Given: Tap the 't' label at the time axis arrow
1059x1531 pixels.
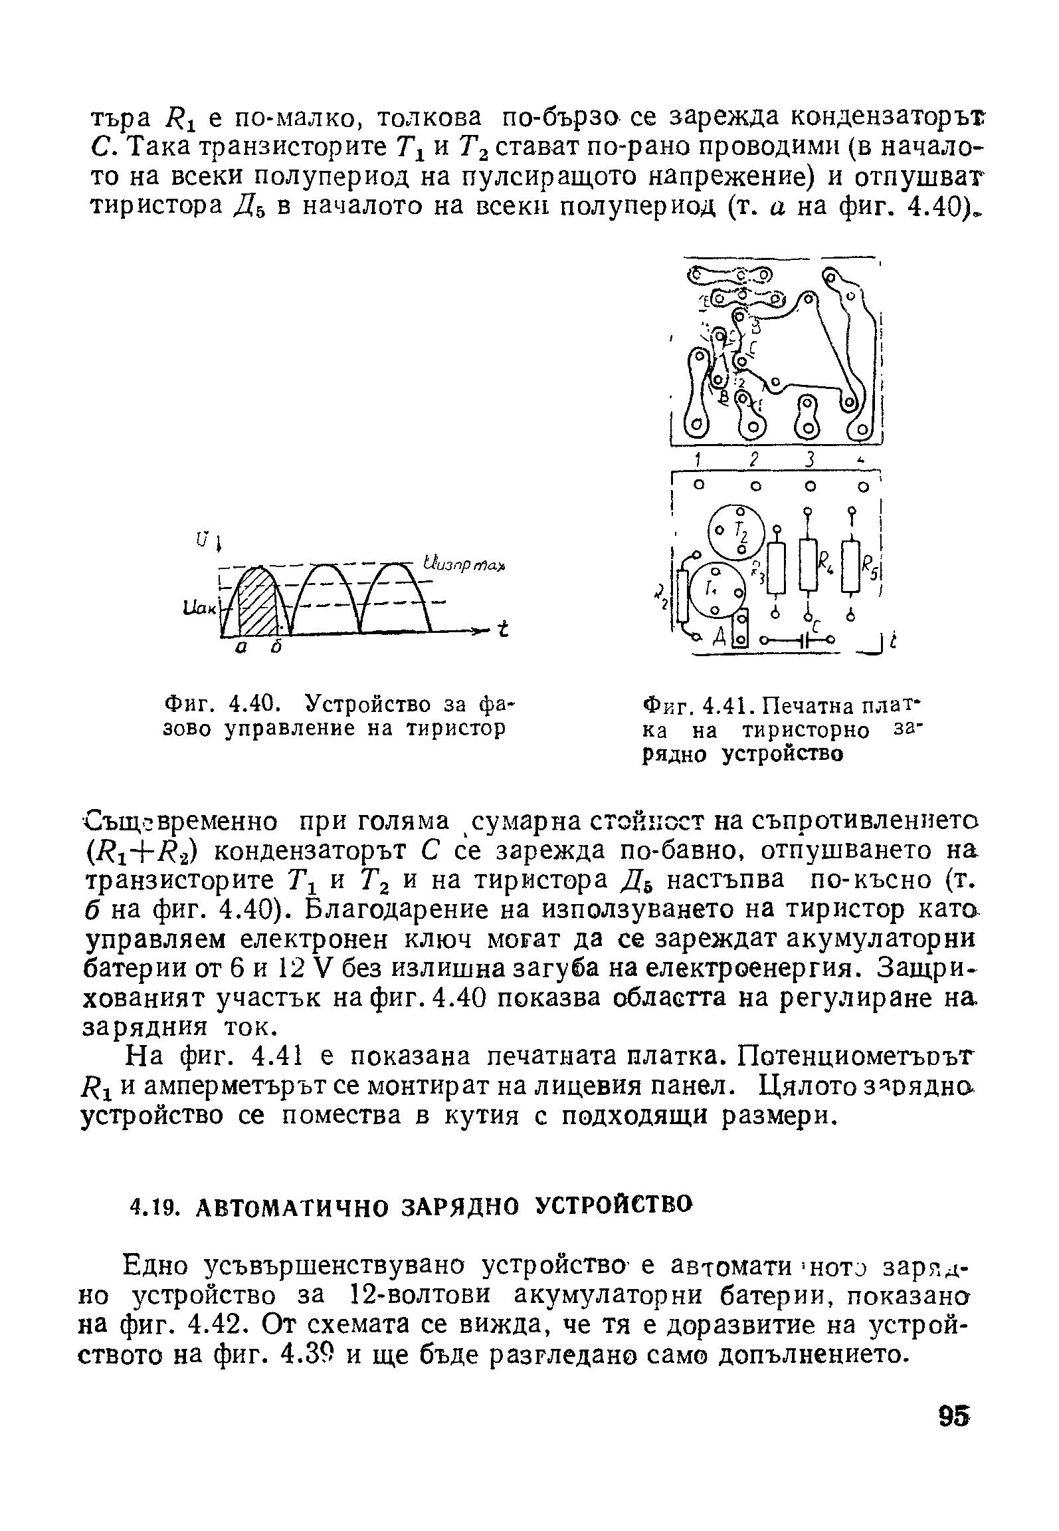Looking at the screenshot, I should pyautogui.click(x=504, y=629).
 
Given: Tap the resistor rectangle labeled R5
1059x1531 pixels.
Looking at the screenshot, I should pyautogui.click(x=851, y=565).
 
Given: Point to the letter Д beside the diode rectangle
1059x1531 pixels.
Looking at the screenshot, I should pyautogui.click(x=719, y=639).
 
